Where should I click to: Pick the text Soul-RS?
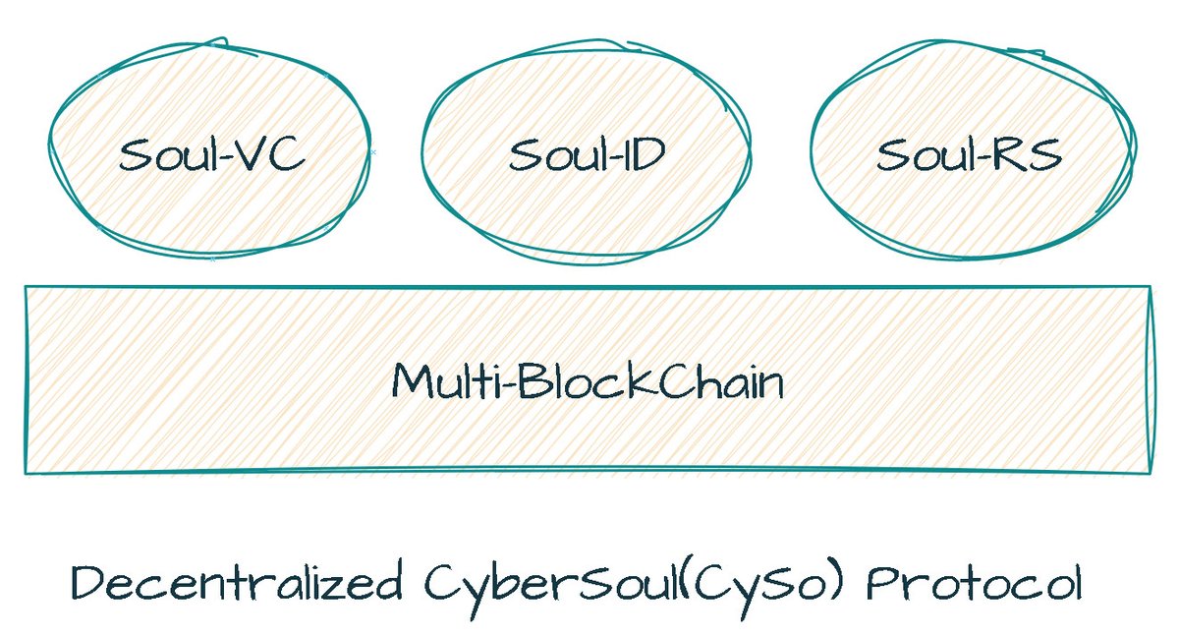tap(969, 155)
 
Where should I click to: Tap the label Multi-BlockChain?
tap(588, 380)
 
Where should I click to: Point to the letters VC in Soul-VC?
tap(275, 155)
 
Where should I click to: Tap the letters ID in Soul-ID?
tap(644, 155)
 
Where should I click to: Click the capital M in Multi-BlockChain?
tap(412, 380)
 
